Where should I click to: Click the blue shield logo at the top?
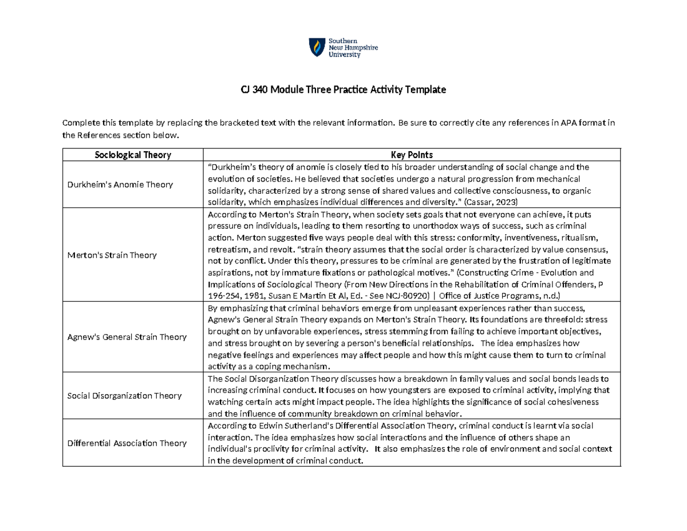315,47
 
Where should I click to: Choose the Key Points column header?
412,155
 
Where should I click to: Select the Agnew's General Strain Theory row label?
127,337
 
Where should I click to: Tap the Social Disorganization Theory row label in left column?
124,395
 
